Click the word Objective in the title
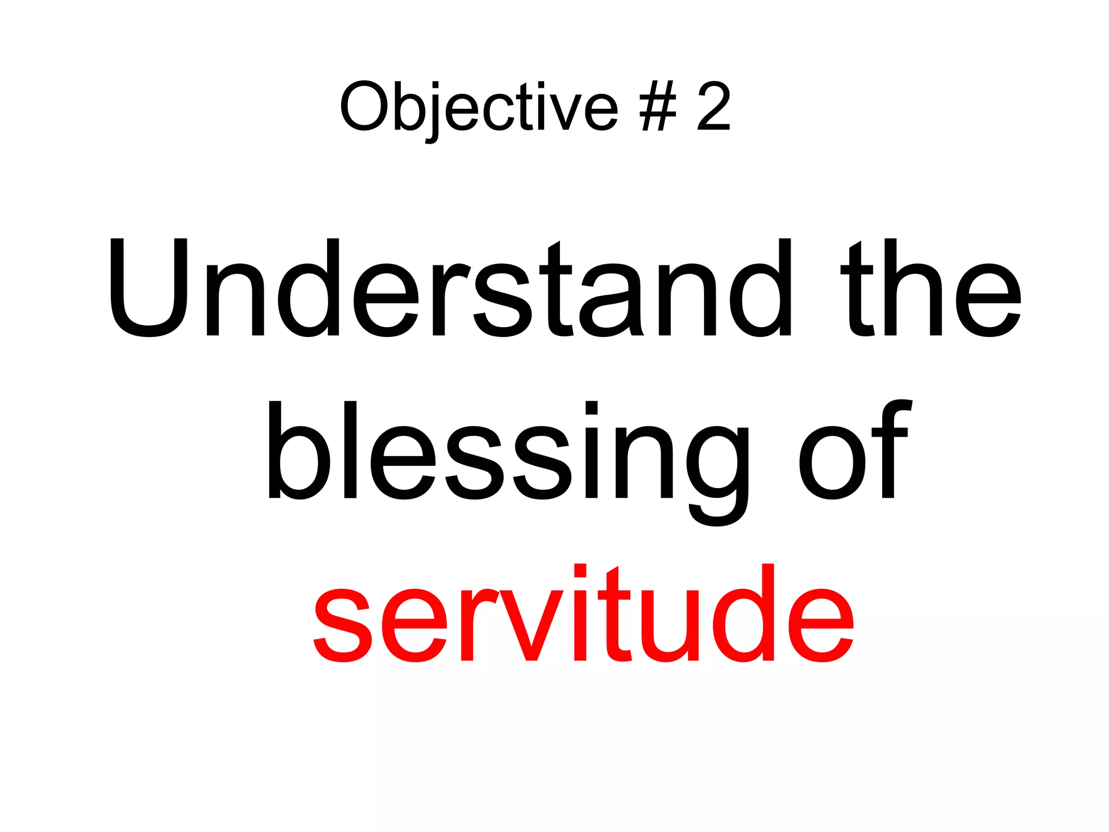[479, 107]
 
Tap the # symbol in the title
[657, 106]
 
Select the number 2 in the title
[714, 106]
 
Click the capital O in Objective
[364, 106]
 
